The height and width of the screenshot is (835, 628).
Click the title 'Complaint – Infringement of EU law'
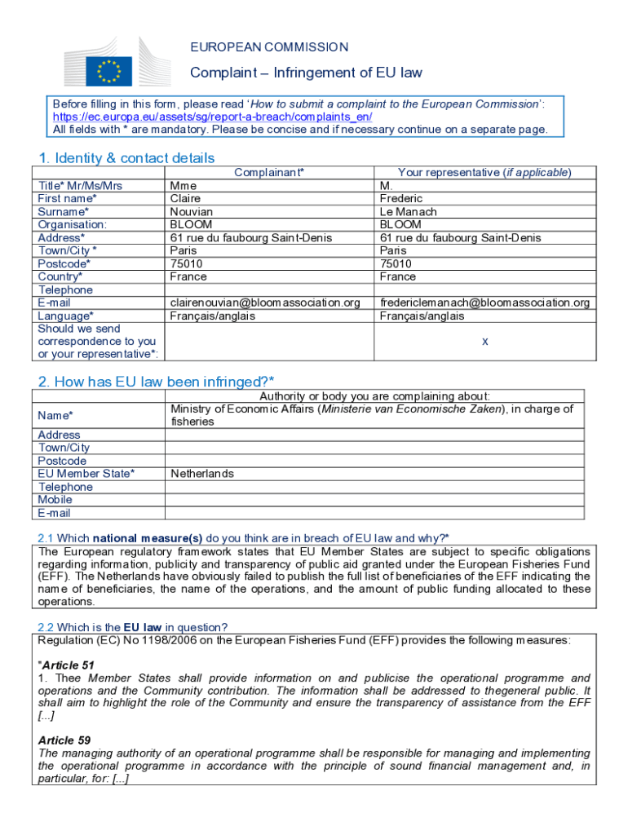(x=306, y=73)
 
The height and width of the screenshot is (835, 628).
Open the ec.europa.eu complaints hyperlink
(x=212, y=117)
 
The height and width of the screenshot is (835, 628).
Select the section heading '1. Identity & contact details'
(x=126, y=157)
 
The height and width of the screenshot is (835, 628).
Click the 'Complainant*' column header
(x=269, y=172)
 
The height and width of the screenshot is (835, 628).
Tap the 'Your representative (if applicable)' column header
(x=484, y=172)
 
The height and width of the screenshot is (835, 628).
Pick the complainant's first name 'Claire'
(x=185, y=198)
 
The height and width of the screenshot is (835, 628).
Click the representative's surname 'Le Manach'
(x=408, y=211)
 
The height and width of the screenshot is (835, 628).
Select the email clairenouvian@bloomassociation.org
(x=264, y=303)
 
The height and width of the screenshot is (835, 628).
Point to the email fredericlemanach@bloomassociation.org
(x=484, y=303)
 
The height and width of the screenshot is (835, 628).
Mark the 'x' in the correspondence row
(x=484, y=342)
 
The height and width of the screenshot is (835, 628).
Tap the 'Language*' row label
(x=67, y=316)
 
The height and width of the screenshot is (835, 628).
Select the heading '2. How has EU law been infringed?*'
(x=156, y=382)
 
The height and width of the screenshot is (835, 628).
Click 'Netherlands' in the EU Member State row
(x=201, y=474)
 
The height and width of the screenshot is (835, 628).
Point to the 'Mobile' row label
(x=55, y=500)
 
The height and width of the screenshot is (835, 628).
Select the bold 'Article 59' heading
(x=64, y=740)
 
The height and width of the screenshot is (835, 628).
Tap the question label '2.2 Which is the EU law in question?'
(x=133, y=627)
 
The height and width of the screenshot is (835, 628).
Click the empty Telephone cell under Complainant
(x=269, y=289)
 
